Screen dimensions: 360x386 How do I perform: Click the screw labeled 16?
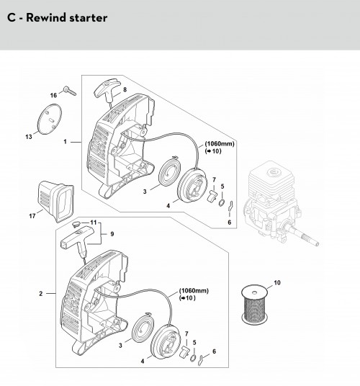(70, 91)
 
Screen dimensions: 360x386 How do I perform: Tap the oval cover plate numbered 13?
(50, 119)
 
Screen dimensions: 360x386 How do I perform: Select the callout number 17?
(32, 216)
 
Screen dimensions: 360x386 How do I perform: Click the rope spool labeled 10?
(254, 305)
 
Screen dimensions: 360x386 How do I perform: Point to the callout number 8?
(125, 89)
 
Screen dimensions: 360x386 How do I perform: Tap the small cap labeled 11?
(76, 224)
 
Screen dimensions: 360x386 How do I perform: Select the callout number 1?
(65, 142)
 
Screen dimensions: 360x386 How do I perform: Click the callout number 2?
(41, 293)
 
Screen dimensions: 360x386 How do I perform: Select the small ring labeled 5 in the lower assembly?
(193, 358)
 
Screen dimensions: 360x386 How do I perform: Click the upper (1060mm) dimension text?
(220, 143)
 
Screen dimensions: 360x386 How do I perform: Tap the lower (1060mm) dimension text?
(194, 291)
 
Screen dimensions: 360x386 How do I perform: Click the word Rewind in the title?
(46, 18)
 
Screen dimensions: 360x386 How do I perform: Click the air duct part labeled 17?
(55, 201)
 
